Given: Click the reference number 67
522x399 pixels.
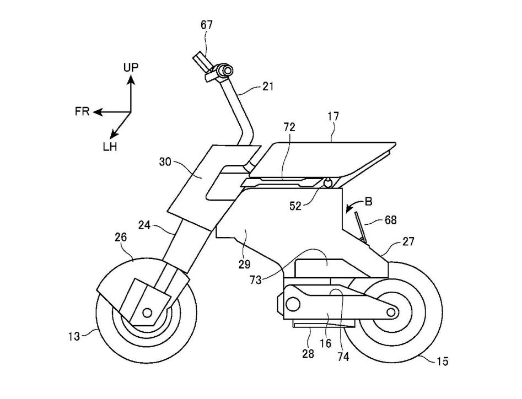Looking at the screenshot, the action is [x=206, y=25].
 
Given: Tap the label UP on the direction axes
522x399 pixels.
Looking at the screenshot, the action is [x=131, y=68].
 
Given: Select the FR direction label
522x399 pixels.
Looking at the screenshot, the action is [x=83, y=111].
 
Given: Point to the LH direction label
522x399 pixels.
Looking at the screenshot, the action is [x=110, y=147].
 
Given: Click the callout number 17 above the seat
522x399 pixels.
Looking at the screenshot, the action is [x=333, y=116].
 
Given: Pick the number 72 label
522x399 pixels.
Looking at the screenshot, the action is [x=289, y=127].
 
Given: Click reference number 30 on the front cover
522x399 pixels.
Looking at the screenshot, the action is [x=165, y=162].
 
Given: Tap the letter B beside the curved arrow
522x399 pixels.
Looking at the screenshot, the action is [x=369, y=202].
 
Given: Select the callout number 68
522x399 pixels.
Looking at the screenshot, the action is [x=390, y=220].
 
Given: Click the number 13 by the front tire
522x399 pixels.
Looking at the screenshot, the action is [x=74, y=336].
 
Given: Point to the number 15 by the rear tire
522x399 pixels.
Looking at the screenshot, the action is [x=443, y=361].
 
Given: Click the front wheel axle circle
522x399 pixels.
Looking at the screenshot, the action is [x=147, y=312].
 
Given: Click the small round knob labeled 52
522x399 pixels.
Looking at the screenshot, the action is [x=328, y=182].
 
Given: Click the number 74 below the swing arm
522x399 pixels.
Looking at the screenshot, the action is [x=343, y=357].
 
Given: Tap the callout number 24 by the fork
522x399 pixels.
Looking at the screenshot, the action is [x=144, y=225].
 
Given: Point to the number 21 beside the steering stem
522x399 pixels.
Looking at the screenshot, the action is [x=268, y=87].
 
